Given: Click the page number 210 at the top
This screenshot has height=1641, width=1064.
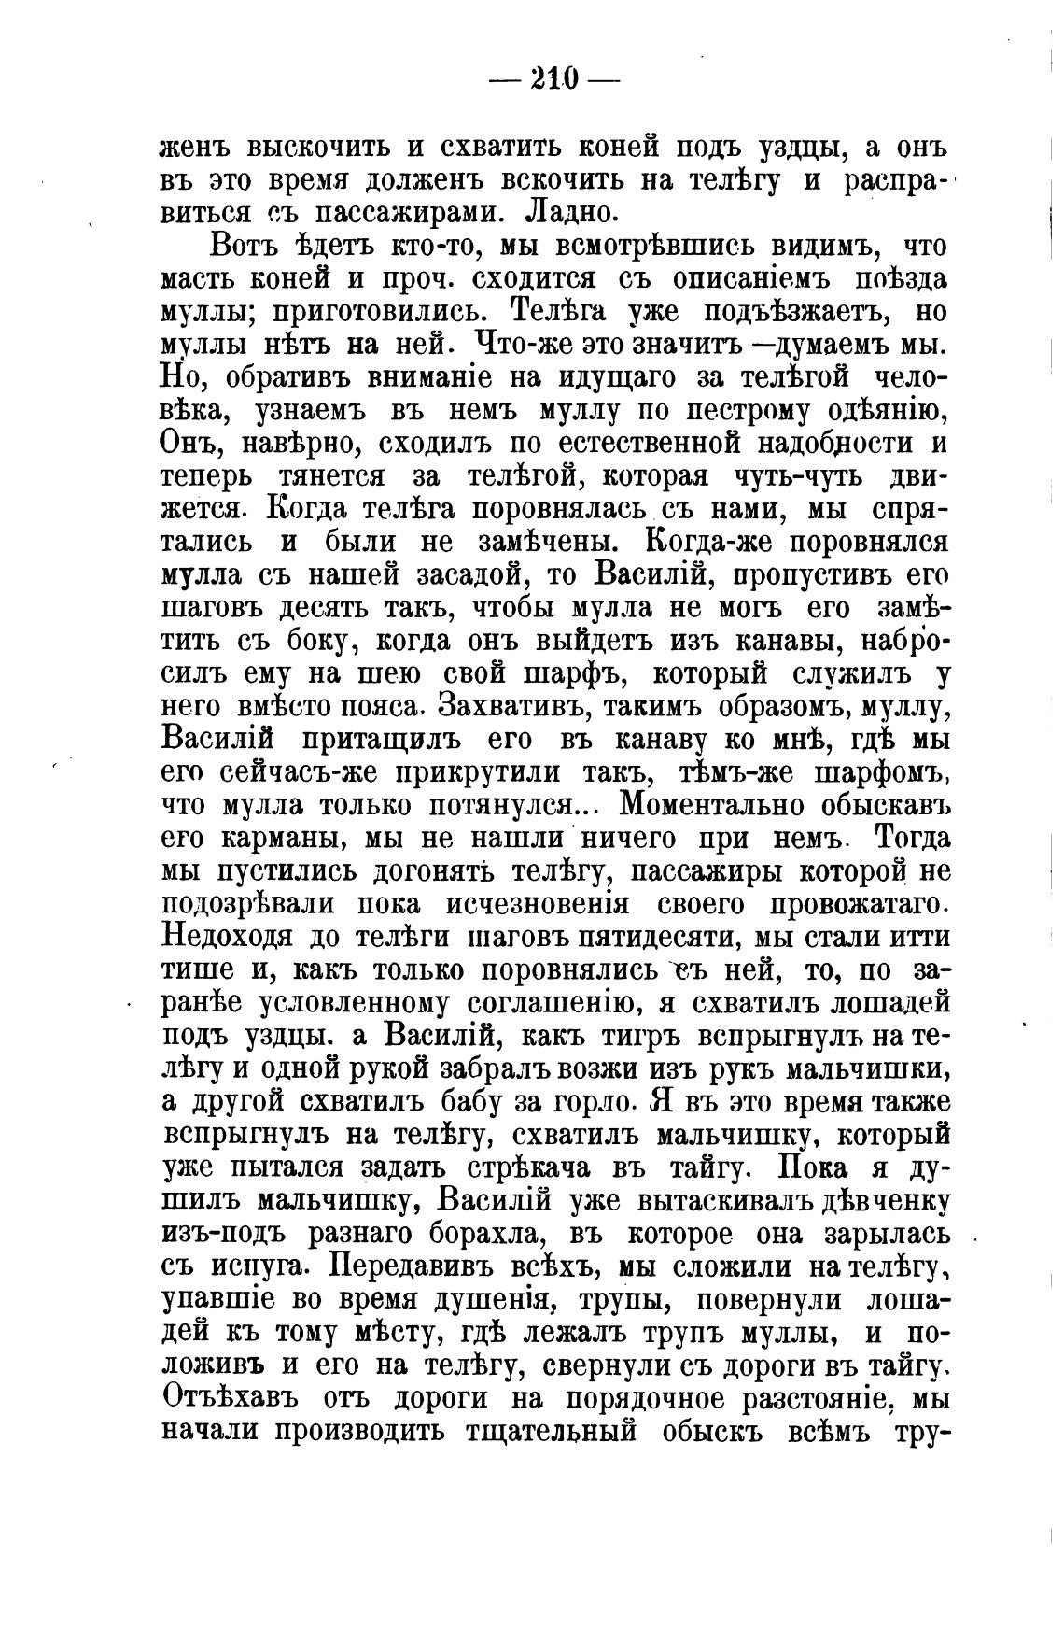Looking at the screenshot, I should click(554, 78).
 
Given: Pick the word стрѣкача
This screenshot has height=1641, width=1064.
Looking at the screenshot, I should click(548, 1168).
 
